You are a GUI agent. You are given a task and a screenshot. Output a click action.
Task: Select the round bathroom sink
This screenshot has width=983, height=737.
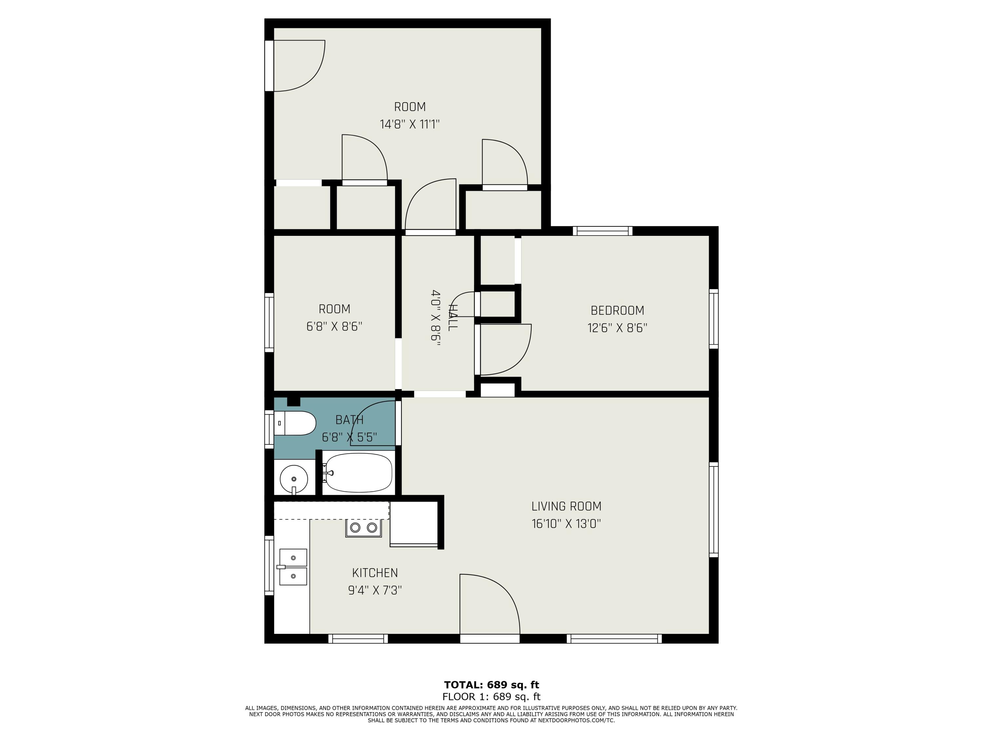click(x=294, y=479)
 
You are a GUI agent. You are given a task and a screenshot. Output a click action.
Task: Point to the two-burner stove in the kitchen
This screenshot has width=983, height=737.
click(x=363, y=528)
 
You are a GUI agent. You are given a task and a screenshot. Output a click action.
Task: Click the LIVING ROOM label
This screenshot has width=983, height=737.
click(x=566, y=506)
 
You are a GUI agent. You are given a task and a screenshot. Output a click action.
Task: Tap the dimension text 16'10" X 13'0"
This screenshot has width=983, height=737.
click(x=566, y=524)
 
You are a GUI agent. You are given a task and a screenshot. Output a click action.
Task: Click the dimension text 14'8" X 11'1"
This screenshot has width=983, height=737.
click(x=409, y=124)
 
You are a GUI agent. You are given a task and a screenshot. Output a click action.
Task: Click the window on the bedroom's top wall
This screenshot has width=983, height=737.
click(x=602, y=231)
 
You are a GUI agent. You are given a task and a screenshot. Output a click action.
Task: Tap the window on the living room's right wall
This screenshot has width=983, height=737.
click(x=713, y=510)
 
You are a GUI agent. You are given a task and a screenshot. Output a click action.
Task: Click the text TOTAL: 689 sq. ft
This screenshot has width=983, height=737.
click(x=491, y=685)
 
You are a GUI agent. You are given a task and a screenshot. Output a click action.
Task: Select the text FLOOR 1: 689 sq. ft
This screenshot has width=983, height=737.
click(x=491, y=697)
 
